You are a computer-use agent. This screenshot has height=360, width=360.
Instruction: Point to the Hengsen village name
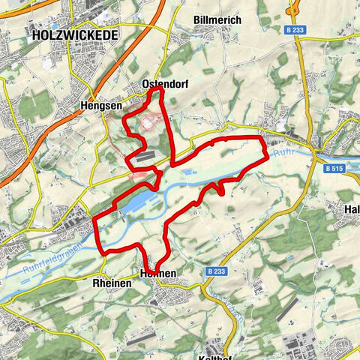click(95, 107)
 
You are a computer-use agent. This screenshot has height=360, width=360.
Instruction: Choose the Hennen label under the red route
click(157, 274)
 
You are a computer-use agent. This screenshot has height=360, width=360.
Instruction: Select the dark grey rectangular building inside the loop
click(147, 156)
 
